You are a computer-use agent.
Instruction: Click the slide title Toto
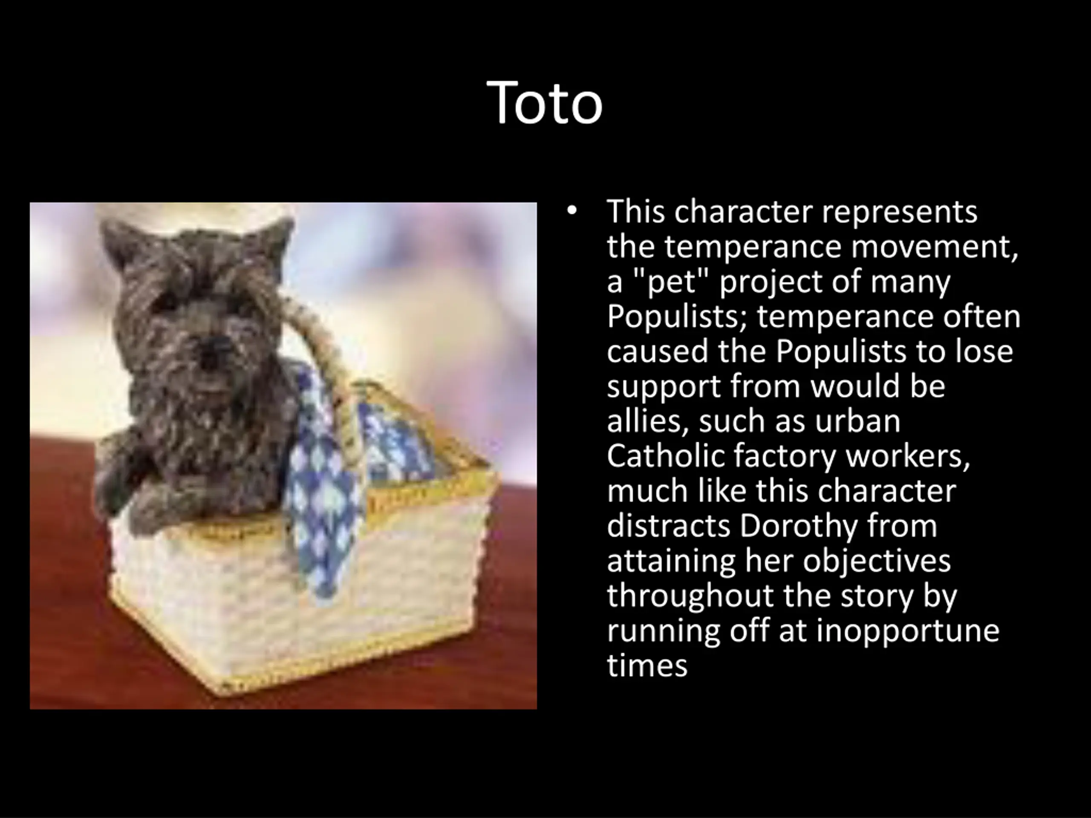545,103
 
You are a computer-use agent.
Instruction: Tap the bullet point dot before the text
571,211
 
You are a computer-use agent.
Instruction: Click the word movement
935,247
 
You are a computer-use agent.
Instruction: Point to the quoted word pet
674,282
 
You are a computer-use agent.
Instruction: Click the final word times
647,665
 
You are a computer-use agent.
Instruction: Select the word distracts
668,527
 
